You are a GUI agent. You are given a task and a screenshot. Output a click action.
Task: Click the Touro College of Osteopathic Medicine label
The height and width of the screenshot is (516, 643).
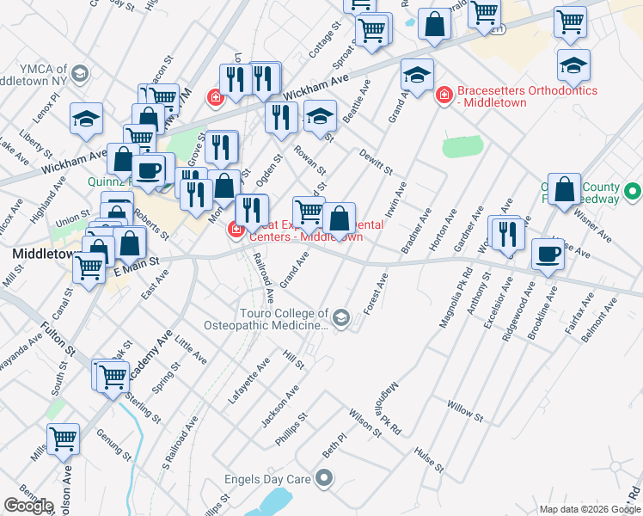(266, 320)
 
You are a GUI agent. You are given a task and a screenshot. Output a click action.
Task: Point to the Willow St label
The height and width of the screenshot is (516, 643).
(465, 410)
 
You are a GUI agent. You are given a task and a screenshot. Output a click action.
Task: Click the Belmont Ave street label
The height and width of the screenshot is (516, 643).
(599, 321)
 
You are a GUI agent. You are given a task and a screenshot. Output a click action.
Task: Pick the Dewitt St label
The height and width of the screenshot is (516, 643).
(376, 159)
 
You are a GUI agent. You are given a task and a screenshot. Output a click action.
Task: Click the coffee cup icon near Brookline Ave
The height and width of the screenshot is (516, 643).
(548, 255)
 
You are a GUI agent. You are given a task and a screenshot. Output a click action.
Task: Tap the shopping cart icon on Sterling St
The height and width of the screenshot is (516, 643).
(113, 377)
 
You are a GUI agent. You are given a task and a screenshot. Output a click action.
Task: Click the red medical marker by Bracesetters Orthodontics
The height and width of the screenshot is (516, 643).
(444, 94)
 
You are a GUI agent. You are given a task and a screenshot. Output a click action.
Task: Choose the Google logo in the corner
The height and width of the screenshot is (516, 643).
(28, 506)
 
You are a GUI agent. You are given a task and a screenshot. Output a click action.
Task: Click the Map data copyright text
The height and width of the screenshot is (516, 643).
(590, 509)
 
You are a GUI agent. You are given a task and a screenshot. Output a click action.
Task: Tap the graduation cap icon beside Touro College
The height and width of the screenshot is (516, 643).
(341, 320)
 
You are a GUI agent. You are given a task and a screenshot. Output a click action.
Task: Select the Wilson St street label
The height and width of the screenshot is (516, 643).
(364, 421)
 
